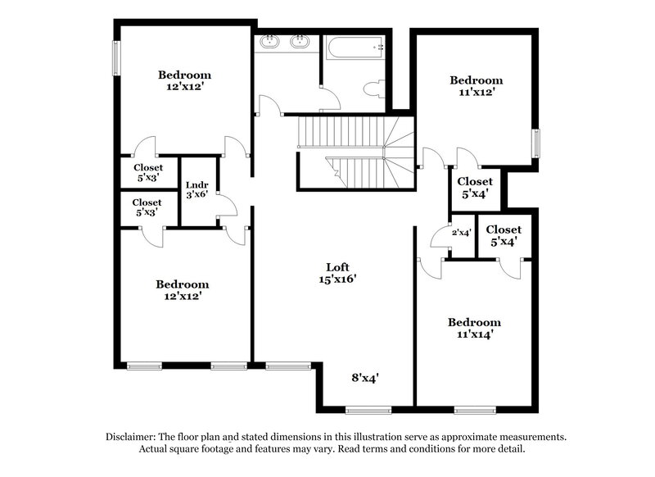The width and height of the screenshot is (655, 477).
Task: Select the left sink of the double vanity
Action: point(268,42)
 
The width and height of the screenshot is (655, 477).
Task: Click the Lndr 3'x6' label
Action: point(195,190)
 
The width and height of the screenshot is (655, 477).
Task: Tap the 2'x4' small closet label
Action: point(462,233)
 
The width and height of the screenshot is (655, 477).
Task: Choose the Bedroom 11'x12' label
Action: point(475,86)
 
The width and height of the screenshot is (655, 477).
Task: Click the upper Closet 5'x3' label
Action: point(147,172)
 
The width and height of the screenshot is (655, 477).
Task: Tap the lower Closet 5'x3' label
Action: point(147,207)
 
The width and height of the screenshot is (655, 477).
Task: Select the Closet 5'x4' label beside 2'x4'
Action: point(504,236)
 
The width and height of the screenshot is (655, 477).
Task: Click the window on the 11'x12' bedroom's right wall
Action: point(537,143)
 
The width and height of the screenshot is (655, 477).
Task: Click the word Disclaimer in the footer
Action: point(132,437)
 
